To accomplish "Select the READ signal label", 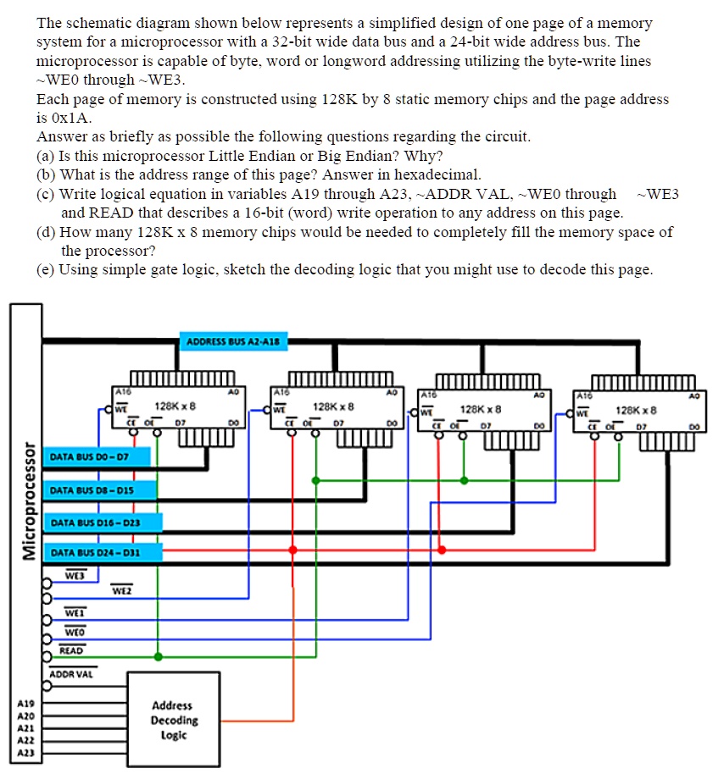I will click(x=72, y=650).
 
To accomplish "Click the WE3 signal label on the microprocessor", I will click(x=75, y=576).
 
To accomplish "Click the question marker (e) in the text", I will click(x=47, y=269).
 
